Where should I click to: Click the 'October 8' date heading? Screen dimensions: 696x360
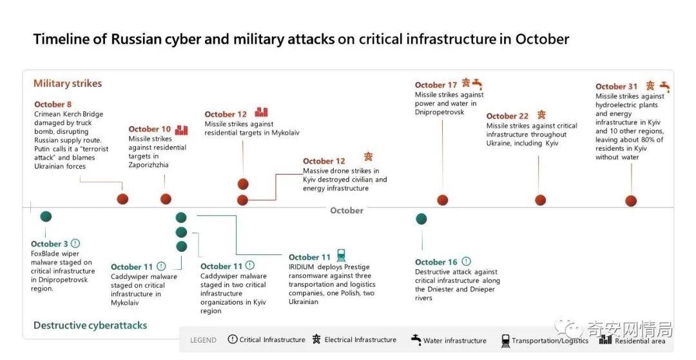pyautogui.click(x=53, y=104)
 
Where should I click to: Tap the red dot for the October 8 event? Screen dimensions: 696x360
pyautogui.click(x=122, y=199)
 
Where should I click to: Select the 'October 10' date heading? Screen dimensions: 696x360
pyautogui.click(x=150, y=129)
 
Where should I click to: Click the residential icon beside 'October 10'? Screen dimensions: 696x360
pyautogui.click(x=182, y=129)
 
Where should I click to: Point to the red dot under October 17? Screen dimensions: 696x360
pyautogui.click(x=442, y=200)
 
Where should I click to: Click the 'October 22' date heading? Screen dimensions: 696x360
pyautogui.click(x=507, y=116)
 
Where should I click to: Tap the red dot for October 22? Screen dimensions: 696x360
pyautogui.click(x=540, y=200)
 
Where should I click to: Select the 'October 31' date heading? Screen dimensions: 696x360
pyautogui.click(x=616, y=86)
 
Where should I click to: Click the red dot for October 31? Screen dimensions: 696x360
pyautogui.click(x=631, y=201)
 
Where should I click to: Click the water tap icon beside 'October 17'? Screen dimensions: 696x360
pyautogui.click(x=478, y=83)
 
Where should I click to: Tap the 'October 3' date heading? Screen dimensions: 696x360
pyautogui.click(x=49, y=244)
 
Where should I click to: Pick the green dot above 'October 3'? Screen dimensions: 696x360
pyautogui.click(x=46, y=217)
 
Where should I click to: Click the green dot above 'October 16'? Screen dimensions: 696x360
pyautogui.click(x=421, y=219)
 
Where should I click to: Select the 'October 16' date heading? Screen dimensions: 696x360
pyautogui.click(x=436, y=262)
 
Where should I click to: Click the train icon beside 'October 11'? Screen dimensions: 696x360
pyautogui.click(x=341, y=256)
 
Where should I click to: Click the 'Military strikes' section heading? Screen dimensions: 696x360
pyautogui.click(x=68, y=83)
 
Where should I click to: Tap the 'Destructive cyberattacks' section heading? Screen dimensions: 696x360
pyautogui.click(x=90, y=325)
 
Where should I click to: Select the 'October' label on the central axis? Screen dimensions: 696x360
pyautogui.click(x=347, y=211)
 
